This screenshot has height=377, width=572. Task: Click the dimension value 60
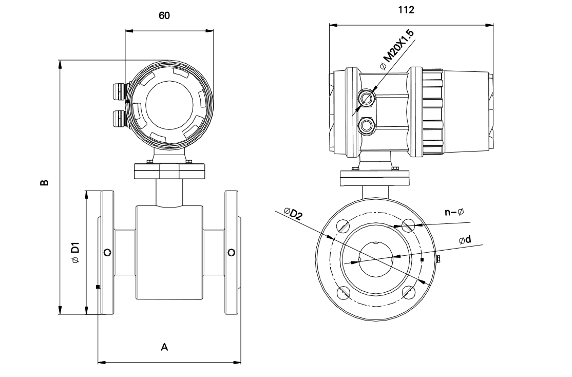tap(164, 16)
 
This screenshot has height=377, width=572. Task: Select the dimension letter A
tap(164, 348)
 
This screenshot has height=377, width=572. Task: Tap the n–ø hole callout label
tap(454, 212)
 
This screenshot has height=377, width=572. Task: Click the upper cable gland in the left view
tap(119, 91)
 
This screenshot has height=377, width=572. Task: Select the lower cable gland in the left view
tap(119, 118)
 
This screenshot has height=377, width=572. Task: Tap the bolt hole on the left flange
tap(107, 252)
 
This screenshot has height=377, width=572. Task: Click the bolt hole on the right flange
tap(231, 252)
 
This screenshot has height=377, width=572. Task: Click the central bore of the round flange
tap(376, 259)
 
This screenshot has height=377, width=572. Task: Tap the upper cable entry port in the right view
tap(366, 97)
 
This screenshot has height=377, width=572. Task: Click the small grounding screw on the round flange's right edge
tap(438, 259)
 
